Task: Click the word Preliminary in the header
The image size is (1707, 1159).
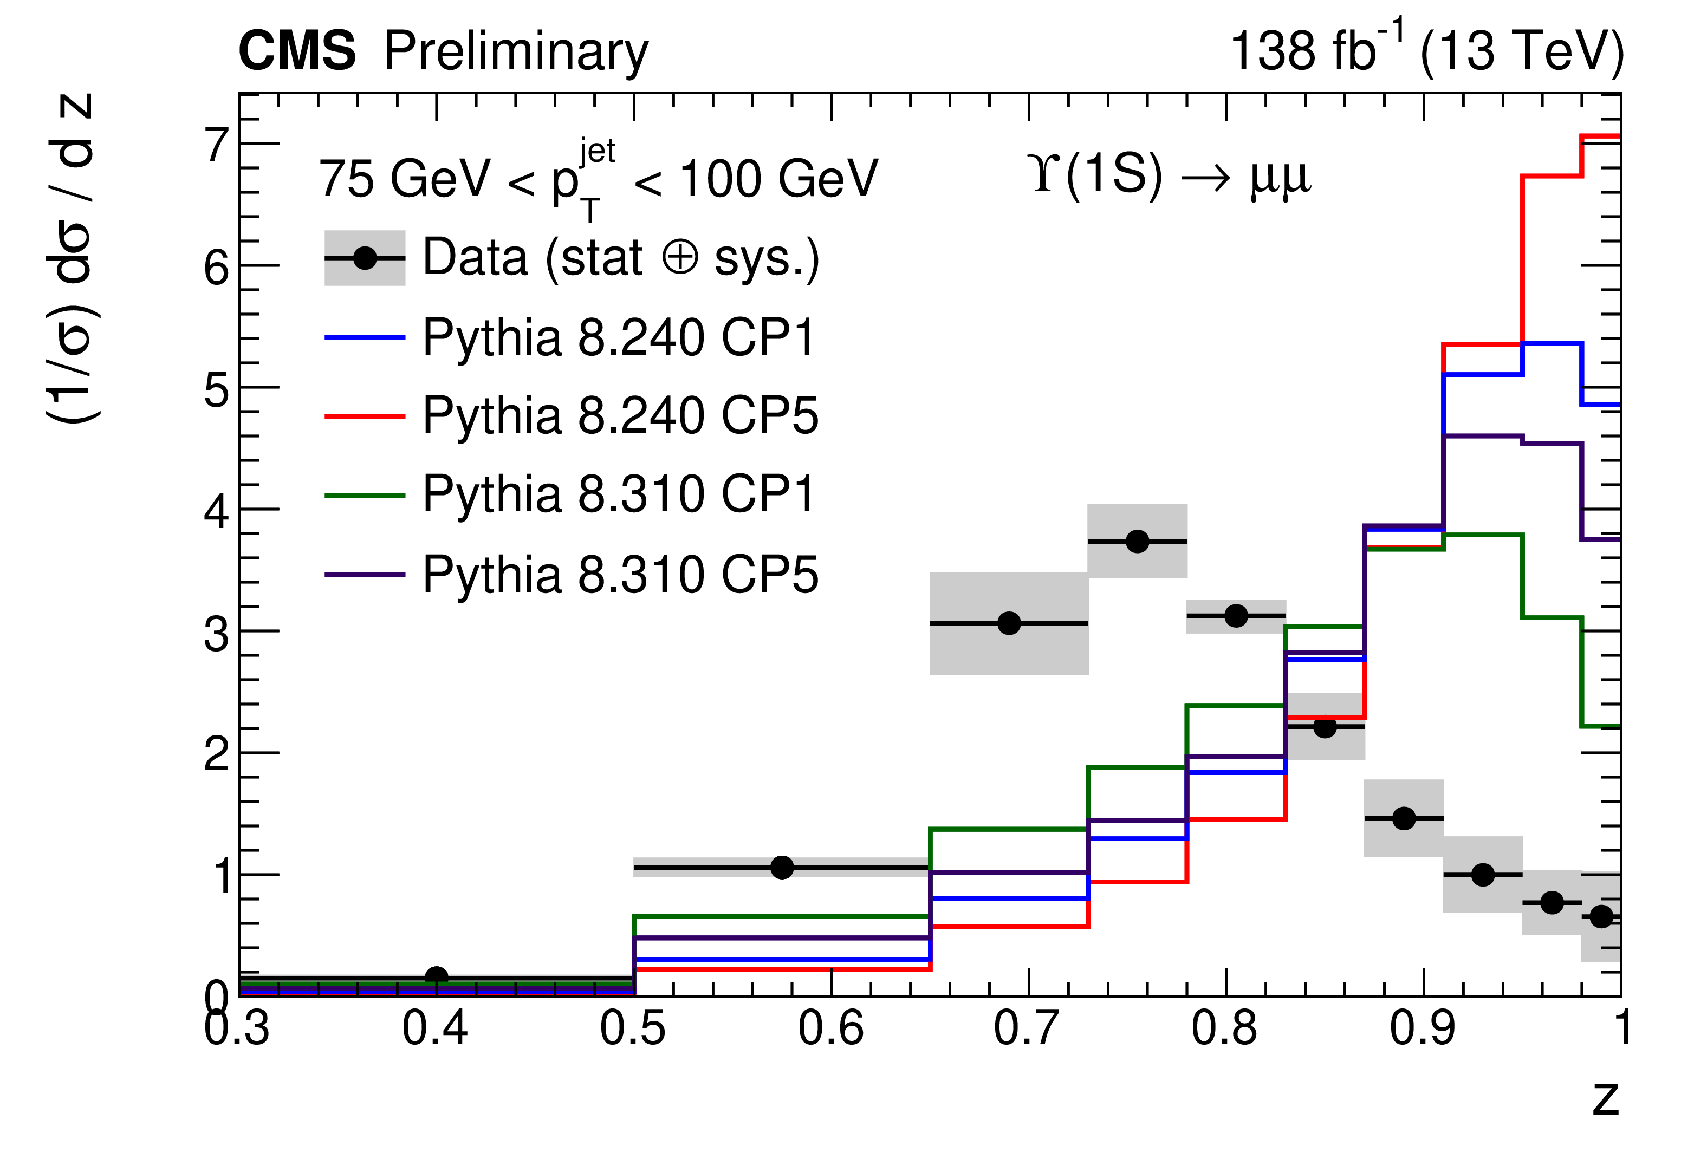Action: pos(516,53)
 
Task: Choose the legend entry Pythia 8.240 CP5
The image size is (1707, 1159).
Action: pos(620,416)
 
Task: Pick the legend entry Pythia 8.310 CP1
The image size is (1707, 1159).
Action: pos(619,494)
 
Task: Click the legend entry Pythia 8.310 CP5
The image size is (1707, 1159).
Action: pos(620,575)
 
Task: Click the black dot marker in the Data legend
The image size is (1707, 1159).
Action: pos(365,258)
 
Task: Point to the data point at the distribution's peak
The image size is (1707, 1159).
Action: pos(1137,541)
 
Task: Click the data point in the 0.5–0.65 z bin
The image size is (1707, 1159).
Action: pos(782,868)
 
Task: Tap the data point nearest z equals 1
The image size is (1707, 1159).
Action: pos(1601,916)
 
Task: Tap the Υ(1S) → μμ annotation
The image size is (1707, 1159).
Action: pos(1170,176)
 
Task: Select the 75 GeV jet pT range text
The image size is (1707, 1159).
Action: pos(598,179)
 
